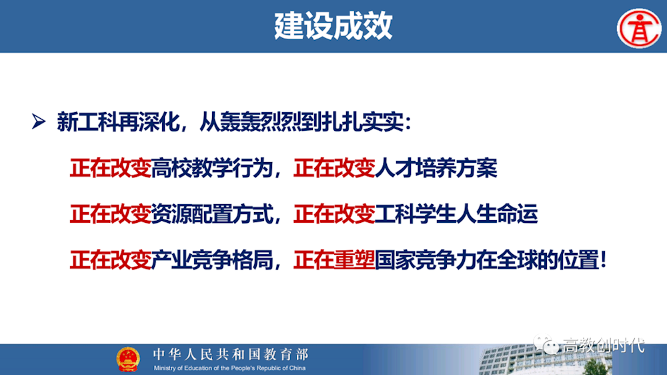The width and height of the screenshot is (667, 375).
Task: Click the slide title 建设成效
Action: tap(333, 26)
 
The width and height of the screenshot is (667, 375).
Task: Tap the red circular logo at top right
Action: tap(638, 28)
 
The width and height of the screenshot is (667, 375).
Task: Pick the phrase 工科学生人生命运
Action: tap(456, 215)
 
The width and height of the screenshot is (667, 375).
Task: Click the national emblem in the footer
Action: tap(128, 359)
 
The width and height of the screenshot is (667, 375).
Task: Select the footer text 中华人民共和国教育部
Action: tap(230, 354)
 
